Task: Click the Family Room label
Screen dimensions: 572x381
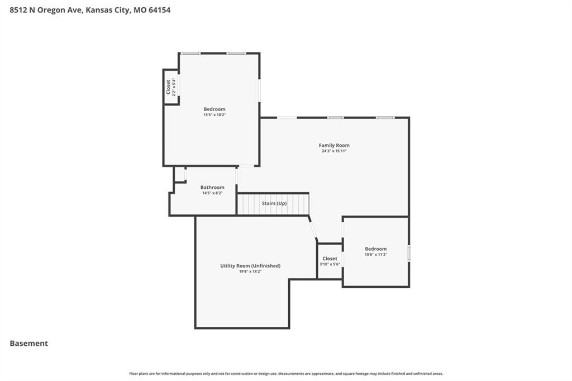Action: [x=334, y=145]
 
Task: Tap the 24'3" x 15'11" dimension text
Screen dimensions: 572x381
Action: [x=334, y=151]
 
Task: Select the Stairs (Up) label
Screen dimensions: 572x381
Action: [x=274, y=203]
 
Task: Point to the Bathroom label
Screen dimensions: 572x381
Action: [x=212, y=187]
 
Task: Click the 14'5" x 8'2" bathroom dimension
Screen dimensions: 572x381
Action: [x=212, y=193]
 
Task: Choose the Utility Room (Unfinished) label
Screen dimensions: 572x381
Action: [x=250, y=266]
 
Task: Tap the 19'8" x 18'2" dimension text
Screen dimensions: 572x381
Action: [x=250, y=272]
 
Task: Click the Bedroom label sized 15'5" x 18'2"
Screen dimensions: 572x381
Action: [x=214, y=109]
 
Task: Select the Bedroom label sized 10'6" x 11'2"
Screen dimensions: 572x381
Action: [x=376, y=249]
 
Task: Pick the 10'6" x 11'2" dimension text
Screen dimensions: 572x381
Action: [x=376, y=255]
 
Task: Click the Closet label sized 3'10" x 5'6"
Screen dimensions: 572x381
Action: [x=330, y=259]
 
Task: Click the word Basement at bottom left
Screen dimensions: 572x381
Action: [x=29, y=344]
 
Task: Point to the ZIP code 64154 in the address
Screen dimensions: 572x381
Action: [x=159, y=10]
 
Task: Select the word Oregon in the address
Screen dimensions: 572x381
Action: [x=51, y=10]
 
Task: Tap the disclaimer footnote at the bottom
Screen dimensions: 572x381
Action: [x=286, y=374]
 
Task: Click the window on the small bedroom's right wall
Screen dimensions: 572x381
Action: [x=409, y=253]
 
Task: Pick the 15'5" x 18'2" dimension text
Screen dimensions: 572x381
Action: [x=214, y=115]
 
